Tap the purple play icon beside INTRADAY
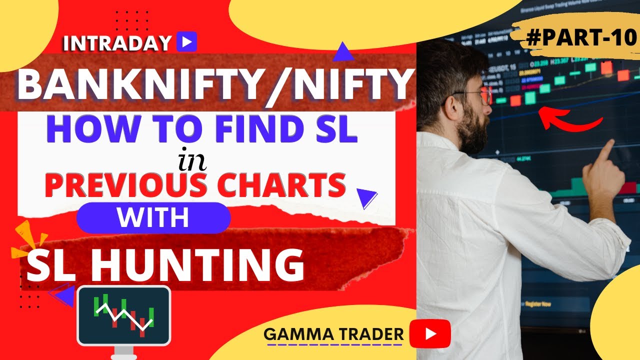186,42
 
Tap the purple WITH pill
153,218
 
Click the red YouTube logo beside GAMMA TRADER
430,333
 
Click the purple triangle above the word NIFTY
342,51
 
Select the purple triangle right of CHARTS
367,198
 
